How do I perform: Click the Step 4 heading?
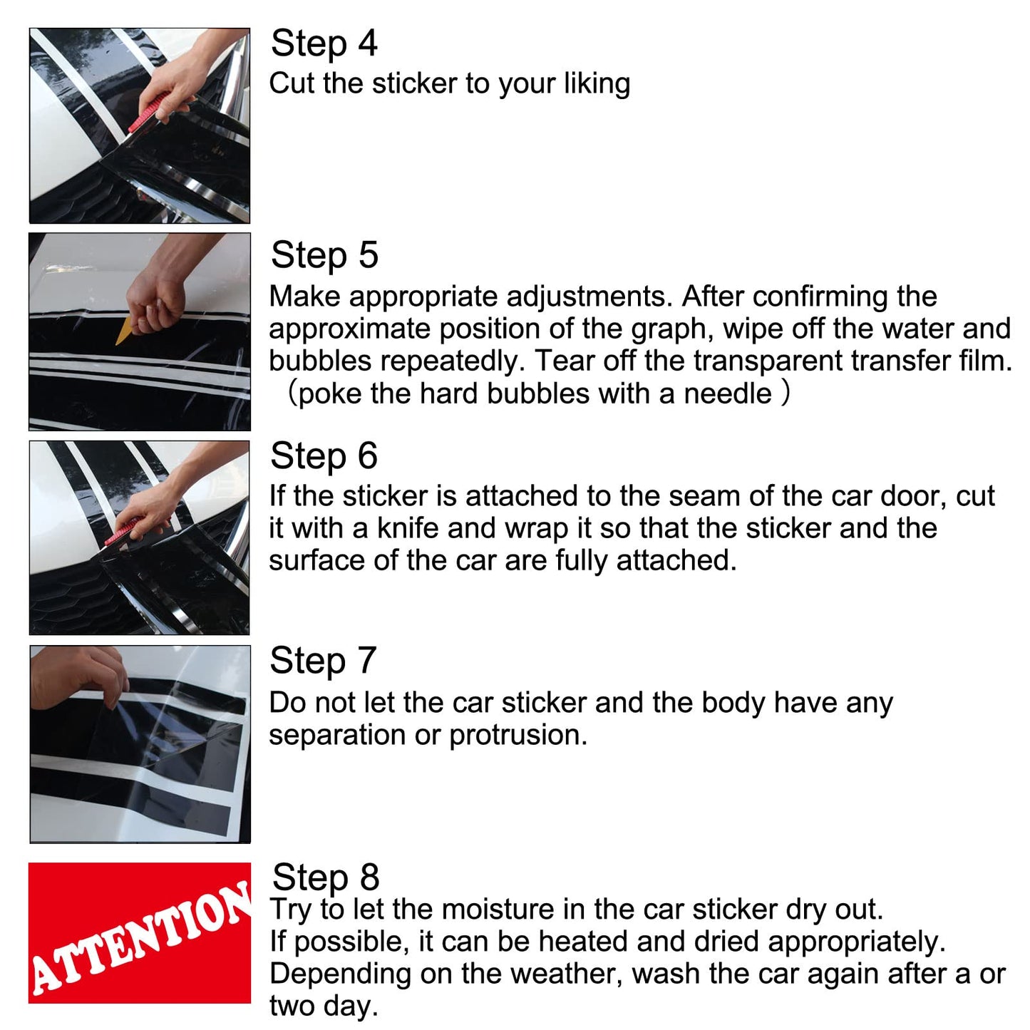(x=324, y=43)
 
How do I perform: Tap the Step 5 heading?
(x=324, y=255)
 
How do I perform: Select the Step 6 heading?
(x=324, y=456)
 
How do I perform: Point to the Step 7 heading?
(x=323, y=661)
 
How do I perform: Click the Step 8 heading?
(x=326, y=877)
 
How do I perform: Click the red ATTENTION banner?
(x=140, y=933)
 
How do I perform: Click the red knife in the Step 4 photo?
(x=148, y=113)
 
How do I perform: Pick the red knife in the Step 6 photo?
(x=122, y=531)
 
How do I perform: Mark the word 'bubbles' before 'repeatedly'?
(x=319, y=361)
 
